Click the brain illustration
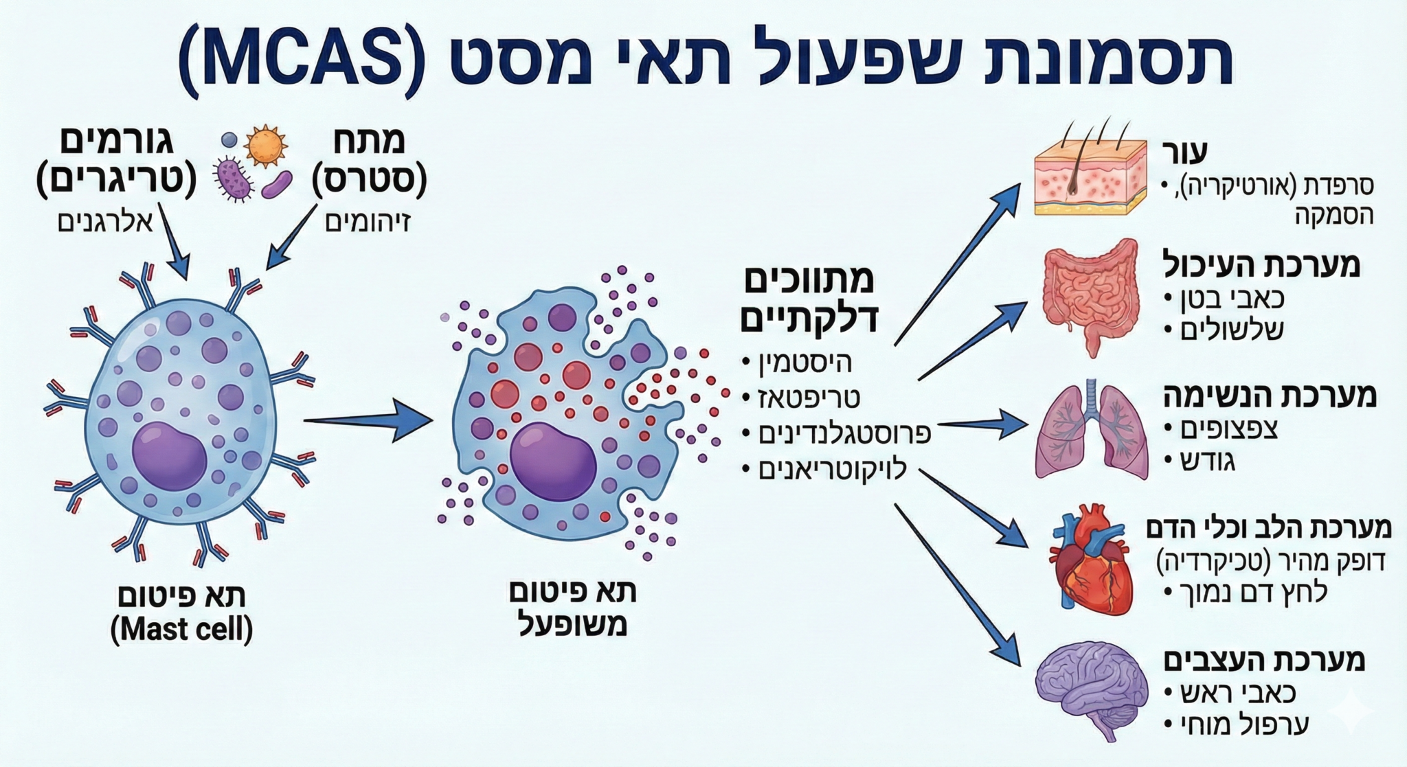click(1091, 690)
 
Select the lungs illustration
click(1091, 429)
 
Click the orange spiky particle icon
click(265, 146)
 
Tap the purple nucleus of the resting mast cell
click(169, 457)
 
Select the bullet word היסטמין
click(805, 363)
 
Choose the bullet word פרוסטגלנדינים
click(844, 434)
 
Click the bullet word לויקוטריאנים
click(832, 470)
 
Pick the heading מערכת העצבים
click(1264, 659)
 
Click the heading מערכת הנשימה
click(1270, 396)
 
